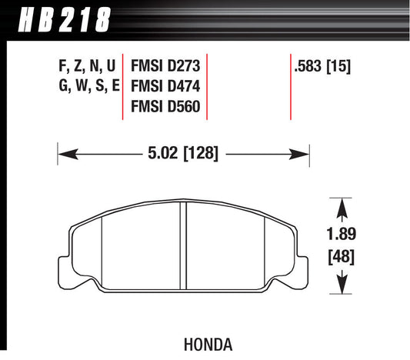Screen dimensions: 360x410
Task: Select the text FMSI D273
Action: [166, 67]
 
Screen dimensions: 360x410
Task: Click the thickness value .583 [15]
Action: [322, 67]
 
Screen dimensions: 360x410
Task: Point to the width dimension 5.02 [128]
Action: [183, 153]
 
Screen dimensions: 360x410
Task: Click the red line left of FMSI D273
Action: [125, 86]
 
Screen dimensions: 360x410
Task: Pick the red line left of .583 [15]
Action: [290, 86]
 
